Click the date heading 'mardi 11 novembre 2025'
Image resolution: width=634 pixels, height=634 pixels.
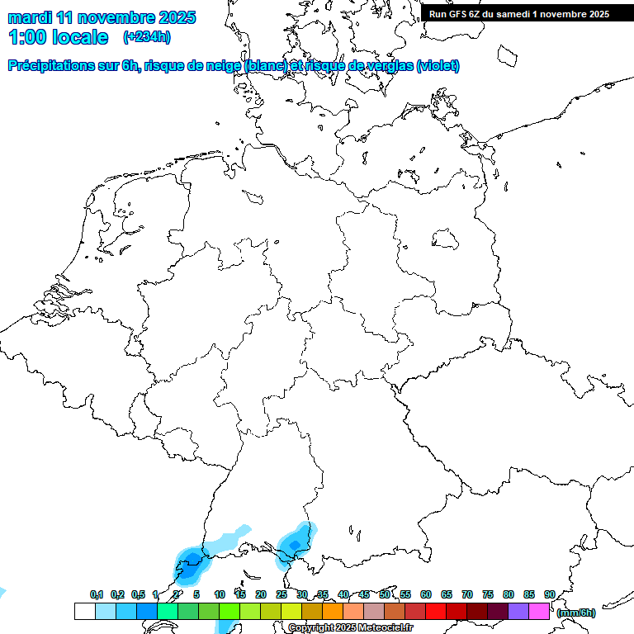pos(102,17)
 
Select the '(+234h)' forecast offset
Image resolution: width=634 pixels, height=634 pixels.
pos(147,37)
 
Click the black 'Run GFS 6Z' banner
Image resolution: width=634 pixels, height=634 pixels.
pos(519,13)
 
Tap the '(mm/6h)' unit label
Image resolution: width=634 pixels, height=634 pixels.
pos(576,613)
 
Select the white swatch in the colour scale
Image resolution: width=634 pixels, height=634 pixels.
pos(84,611)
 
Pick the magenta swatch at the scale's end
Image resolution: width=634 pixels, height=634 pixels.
pos(538,611)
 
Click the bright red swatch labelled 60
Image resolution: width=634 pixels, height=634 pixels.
pos(435,611)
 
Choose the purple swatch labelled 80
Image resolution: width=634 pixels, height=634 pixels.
pos(518,611)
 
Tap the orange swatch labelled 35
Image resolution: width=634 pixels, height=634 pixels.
pos(332,611)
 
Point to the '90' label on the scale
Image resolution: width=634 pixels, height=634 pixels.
pos(549,594)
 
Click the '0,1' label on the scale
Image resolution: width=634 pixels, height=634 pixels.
pos(96,594)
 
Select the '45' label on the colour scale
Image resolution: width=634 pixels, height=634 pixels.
pos(364,594)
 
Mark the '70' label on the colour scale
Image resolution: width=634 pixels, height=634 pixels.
pos(467,594)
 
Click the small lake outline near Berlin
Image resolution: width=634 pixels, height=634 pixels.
pos(445,239)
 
